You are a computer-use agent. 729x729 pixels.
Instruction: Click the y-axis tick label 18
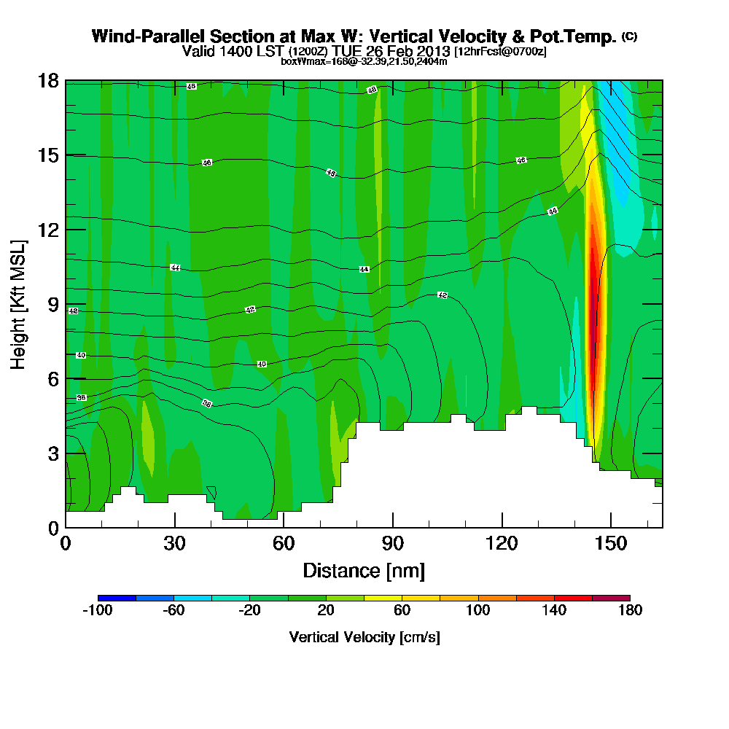click(50, 81)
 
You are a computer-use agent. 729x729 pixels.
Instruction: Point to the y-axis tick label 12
click(50, 230)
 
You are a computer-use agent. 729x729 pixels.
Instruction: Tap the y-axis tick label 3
click(54, 453)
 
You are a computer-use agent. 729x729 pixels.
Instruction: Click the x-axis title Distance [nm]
click(364, 570)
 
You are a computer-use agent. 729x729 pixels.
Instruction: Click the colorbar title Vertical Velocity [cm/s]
click(364, 637)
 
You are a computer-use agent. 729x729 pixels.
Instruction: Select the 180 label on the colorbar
click(630, 611)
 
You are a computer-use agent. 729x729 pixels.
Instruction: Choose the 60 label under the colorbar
click(402, 611)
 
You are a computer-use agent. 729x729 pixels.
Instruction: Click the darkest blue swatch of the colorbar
click(117, 598)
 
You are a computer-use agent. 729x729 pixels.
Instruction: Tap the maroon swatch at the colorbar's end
click(611, 598)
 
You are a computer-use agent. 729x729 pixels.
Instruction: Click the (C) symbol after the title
click(629, 36)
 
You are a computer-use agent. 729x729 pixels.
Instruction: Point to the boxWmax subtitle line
click(364, 61)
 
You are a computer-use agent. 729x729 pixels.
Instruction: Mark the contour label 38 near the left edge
click(81, 397)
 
